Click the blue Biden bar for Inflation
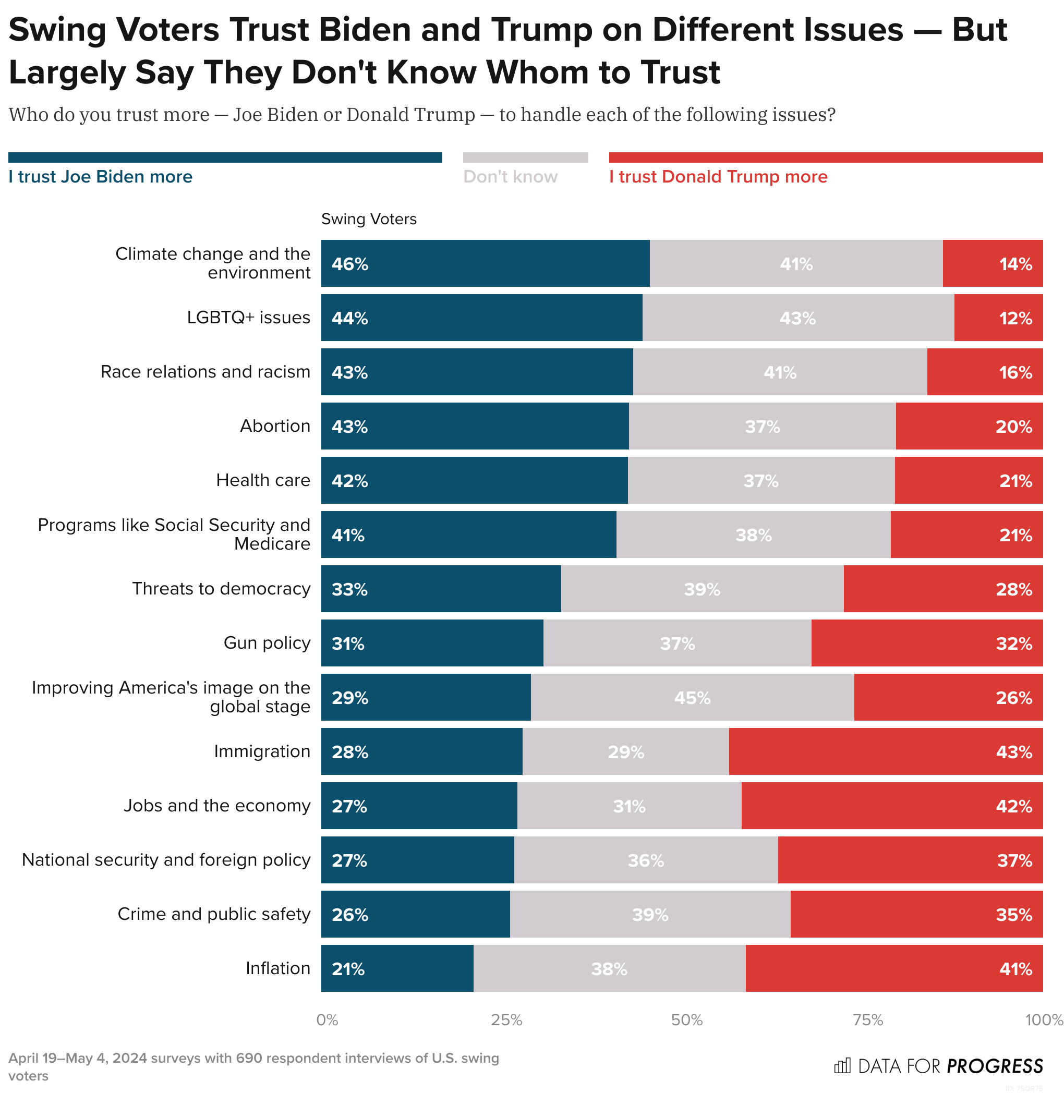[x=397, y=968]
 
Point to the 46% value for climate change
[x=350, y=264]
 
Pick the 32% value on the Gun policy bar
[x=1014, y=643]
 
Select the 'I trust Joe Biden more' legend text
[x=101, y=177]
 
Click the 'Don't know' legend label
[x=510, y=177]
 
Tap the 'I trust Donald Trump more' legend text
[x=718, y=177]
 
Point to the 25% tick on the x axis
[x=506, y=1021]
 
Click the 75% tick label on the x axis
[x=868, y=1021]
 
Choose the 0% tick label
[x=327, y=1021]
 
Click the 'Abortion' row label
[x=275, y=426]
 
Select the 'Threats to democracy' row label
[x=221, y=588]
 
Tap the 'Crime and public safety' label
[x=214, y=914]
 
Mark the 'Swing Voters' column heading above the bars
[x=369, y=219]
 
